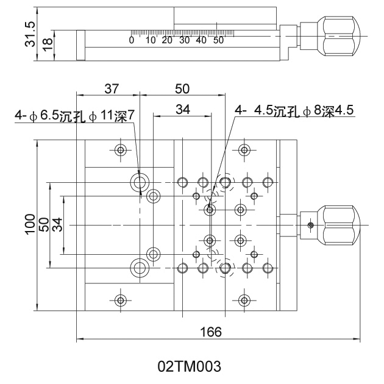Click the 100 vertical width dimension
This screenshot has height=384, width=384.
30,225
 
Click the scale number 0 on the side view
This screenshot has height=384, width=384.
131,40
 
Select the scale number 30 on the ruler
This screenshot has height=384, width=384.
183,40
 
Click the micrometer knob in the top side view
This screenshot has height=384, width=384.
336,34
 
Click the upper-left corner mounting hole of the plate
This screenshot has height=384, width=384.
121,150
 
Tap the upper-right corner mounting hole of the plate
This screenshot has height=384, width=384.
244,150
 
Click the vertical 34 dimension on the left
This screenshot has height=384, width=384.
57,225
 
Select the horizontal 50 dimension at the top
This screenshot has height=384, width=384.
182,88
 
